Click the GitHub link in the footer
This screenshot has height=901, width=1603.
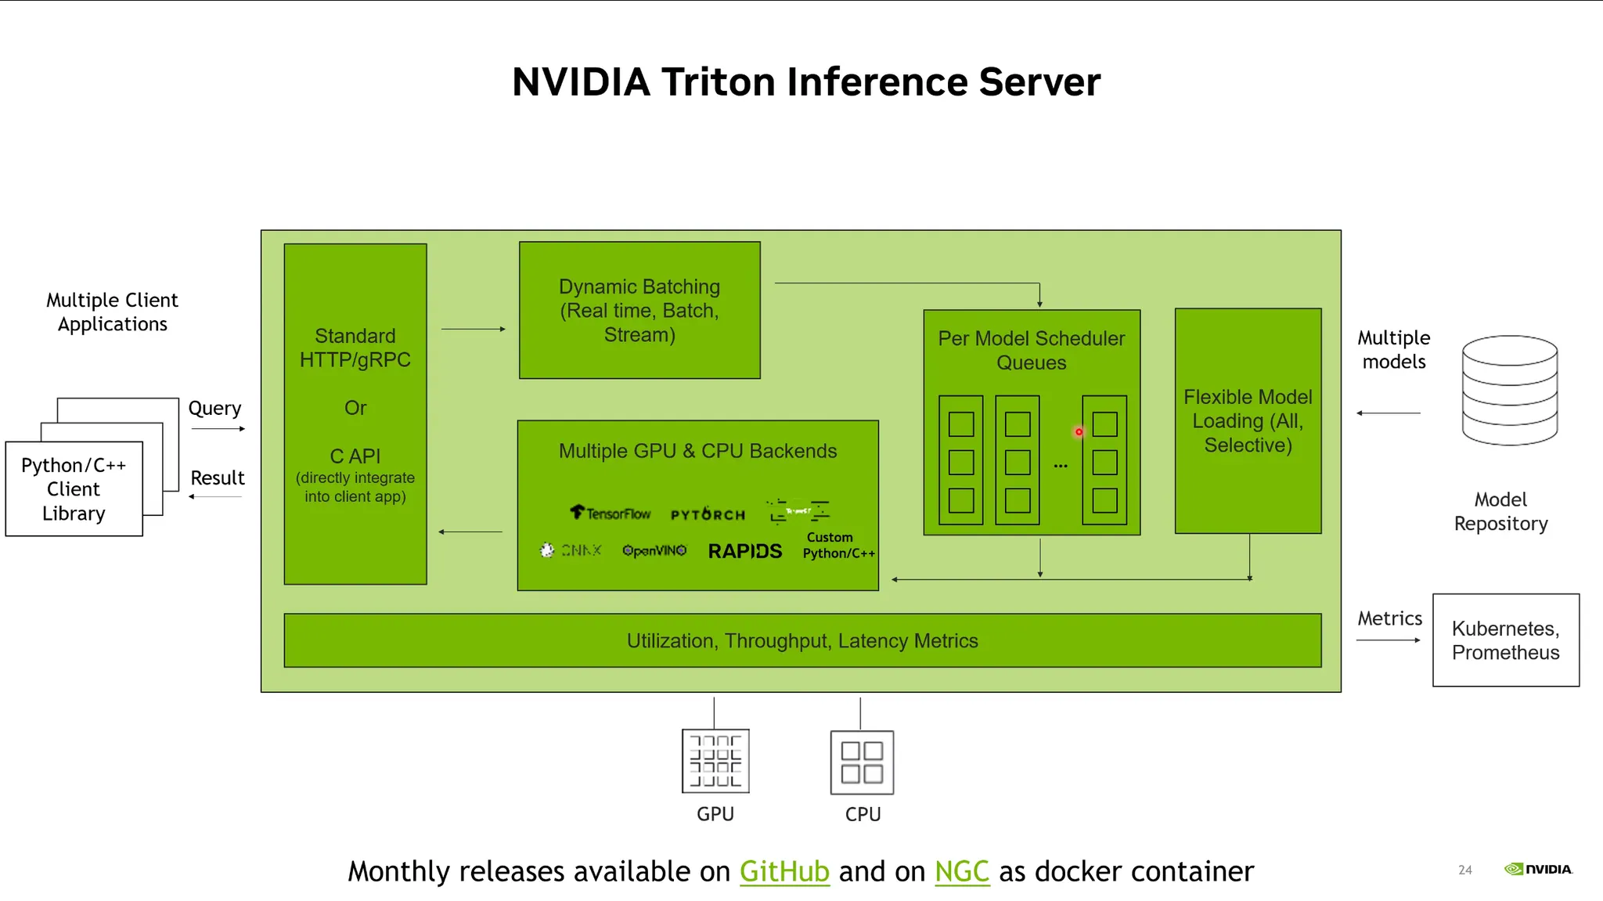(784, 871)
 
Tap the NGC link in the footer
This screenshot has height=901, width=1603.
(962, 871)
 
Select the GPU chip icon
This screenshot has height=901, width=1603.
(715, 761)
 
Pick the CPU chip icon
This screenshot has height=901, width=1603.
(862, 762)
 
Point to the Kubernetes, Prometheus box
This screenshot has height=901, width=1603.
(1505, 640)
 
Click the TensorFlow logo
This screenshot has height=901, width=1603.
(611, 514)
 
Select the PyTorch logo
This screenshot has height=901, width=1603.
(708, 514)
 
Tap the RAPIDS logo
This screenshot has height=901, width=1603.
(745, 551)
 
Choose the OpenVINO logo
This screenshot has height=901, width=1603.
(654, 550)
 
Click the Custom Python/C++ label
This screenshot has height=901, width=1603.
(838, 546)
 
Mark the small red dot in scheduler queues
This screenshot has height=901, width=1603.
(1079, 432)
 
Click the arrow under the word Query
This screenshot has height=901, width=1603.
(218, 429)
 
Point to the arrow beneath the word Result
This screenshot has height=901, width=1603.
(215, 497)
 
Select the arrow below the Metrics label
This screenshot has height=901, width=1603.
(1388, 640)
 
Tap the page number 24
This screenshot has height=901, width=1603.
(1465, 870)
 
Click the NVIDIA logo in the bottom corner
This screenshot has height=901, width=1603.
(1538, 869)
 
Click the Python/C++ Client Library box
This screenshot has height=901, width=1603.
(74, 489)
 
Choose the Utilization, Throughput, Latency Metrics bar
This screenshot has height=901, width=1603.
(802, 640)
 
